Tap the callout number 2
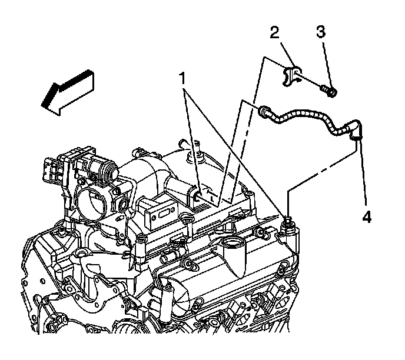(x=274, y=33)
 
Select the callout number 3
(x=321, y=32)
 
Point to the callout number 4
(x=366, y=216)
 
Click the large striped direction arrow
(x=67, y=89)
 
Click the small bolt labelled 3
(x=328, y=91)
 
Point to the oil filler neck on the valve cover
(x=234, y=247)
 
